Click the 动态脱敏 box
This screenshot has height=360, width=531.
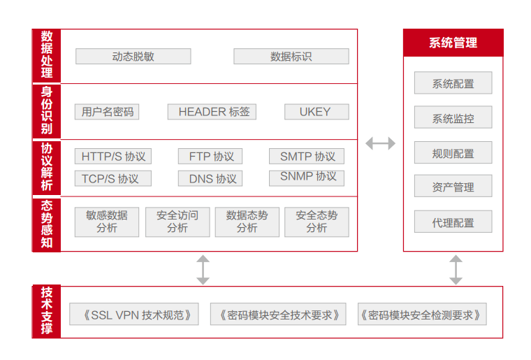pyautogui.click(x=133, y=57)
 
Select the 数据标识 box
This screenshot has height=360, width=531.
pyautogui.click(x=291, y=57)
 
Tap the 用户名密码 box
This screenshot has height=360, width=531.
pyautogui.click(x=107, y=111)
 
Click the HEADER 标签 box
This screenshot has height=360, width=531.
pyautogui.click(x=213, y=111)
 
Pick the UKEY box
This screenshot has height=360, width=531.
pyautogui.click(x=314, y=111)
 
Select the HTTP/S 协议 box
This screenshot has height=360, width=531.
pyautogui.click(x=113, y=157)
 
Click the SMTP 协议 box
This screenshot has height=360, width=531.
pyautogui.click(x=307, y=157)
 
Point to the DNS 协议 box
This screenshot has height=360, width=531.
pyautogui.click(x=212, y=179)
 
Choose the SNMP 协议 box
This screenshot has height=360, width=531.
pyautogui.click(x=307, y=178)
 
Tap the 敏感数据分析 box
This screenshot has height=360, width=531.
pyautogui.click(x=107, y=222)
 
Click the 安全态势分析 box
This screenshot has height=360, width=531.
pyautogui.click(x=317, y=222)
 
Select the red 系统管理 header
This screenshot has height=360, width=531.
pyautogui.click(x=453, y=43)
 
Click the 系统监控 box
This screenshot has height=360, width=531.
pyautogui.click(x=453, y=118)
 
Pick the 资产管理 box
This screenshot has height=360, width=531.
pyautogui.click(x=453, y=187)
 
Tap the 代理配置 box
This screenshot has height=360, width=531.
pyautogui.click(x=453, y=222)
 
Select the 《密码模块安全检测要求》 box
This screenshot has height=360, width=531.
pyautogui.click(x=421, y=315)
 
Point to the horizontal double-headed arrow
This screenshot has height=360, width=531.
pyautogui.click(x=380, y=143)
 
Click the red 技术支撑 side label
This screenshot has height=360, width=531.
pyautogui.click(x=47, y=312)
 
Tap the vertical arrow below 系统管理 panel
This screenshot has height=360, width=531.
pyautogui.click(x=456, y=269)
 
